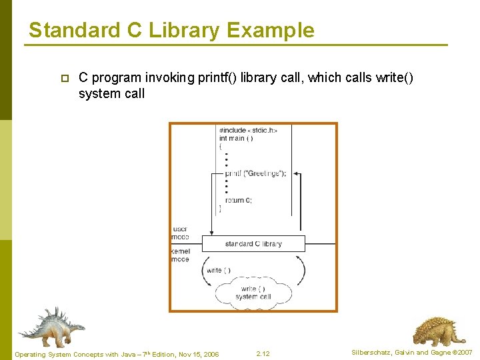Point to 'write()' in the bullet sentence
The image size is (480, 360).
tap(394, 78)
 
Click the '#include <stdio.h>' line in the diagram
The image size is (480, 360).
tap(248, 130)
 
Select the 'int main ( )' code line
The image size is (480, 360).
tap(236, 138)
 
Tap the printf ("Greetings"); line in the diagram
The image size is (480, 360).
tap(255, 173)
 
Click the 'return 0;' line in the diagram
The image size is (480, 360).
tap(238, 200)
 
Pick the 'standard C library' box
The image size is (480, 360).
tap(253, 243)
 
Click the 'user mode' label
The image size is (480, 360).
tap(180, 233)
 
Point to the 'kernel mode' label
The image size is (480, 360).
tap(180, 255)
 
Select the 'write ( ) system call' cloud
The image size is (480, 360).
tap(253, 293)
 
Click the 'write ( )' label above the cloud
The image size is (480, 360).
tap(219, 270)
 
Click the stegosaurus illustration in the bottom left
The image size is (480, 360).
tap(51, 327)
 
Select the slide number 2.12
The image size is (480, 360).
tap(262, 353)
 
